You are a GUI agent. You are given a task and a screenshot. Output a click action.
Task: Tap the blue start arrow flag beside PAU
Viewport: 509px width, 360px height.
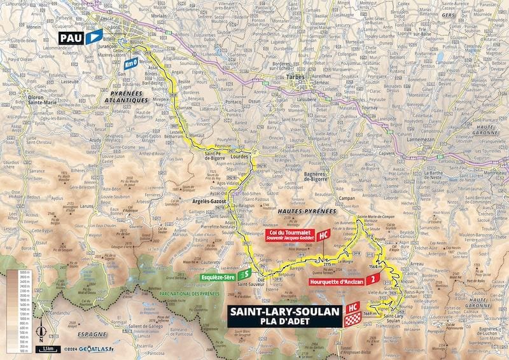tap(94, 38)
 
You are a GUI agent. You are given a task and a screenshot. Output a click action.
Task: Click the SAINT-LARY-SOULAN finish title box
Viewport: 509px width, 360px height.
tap(284, 315)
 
